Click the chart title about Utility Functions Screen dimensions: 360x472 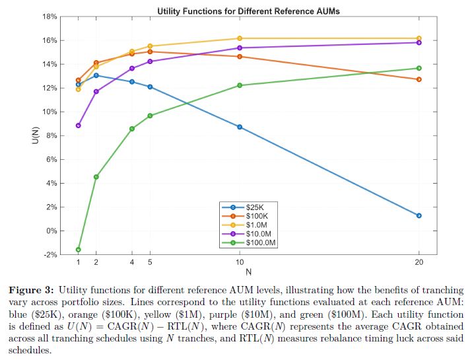click(248, 11)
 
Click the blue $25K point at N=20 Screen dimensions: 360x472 click(419, 215)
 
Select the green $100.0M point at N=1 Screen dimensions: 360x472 click(79, 250)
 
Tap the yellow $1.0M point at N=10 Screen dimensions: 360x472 click(239, 38)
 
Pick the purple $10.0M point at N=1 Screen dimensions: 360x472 click(79, 126)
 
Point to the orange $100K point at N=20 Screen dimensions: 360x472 click(419, 79)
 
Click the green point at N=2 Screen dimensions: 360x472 click(96, 177)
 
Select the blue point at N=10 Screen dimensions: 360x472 click(239, 127)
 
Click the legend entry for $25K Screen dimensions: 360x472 click(254, 207)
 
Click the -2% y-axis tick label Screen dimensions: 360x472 click(50, 255)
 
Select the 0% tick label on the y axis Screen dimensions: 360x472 click(51, 231)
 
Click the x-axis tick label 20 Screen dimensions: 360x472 click(419, 262)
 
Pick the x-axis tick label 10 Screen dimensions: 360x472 click(239, 262)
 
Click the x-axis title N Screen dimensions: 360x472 click(248, 271)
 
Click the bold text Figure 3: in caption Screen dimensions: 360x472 click(31, 290)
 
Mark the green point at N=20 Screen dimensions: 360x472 click(419, 68)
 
